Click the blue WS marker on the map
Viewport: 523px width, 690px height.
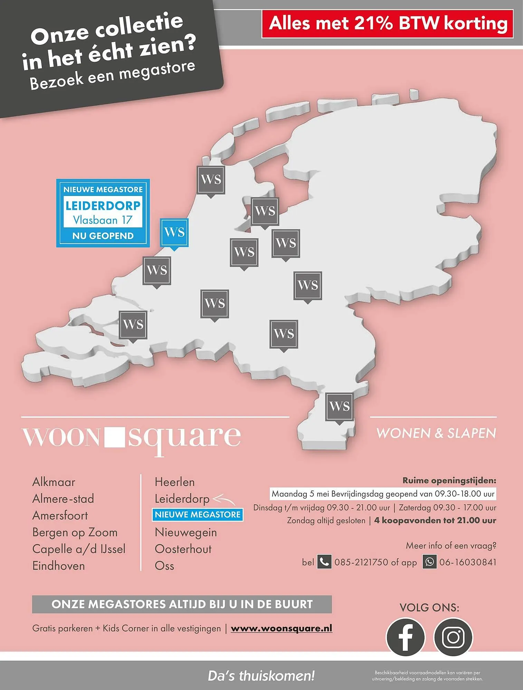[x=174, y=232]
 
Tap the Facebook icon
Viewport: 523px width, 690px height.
[x=405, y=637]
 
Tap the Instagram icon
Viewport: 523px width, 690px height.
[x=453, y=637]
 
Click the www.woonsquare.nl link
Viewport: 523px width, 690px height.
[x=281, y=628]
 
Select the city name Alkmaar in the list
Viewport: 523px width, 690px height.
[x=54, y=482]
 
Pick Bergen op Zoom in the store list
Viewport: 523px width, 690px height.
[x=75, y=532]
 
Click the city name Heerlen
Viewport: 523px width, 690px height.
[x=174, y=482]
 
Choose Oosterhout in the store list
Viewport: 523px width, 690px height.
[x=183, y=549]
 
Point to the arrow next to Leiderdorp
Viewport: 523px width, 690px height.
[x=224, y=499]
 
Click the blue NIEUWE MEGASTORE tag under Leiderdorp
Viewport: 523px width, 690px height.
[x=198, y=515]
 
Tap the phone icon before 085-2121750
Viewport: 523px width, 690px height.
[x=324, y=562]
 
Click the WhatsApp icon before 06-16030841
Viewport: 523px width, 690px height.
[x=429, y=562]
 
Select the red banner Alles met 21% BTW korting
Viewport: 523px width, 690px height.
[x=388, y=24]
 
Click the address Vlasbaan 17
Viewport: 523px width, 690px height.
[x=103, y=220]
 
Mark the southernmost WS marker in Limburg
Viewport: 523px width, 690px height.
[x=339, y=407]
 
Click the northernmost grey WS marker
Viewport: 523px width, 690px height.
[x=211, y=180]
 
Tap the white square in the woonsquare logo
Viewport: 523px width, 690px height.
[x=114, y=436]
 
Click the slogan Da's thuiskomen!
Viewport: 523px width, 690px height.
[x=261, y=676]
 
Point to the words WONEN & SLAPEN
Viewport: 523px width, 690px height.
[x=436, y=433]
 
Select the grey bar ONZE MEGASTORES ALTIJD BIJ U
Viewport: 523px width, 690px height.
[x=182, y=604]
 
